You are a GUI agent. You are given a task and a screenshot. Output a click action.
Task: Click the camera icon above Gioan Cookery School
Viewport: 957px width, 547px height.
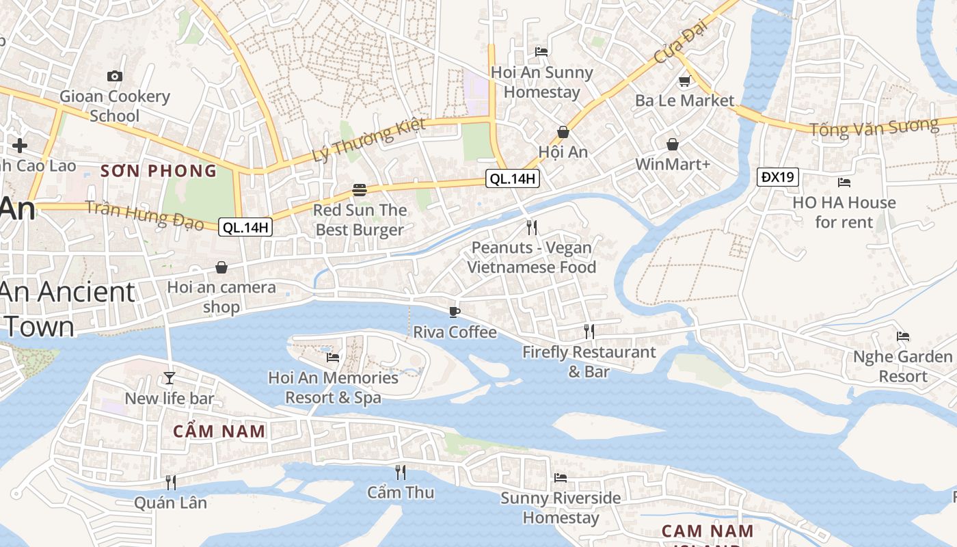tap(115, 76)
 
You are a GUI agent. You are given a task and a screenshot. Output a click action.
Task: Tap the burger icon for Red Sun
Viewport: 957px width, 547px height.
tap(360, 189)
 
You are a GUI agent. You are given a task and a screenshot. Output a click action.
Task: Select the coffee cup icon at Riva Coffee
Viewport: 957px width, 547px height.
tap(455, 312)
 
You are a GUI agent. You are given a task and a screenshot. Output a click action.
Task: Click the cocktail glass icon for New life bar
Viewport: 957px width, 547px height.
tap(170, 377)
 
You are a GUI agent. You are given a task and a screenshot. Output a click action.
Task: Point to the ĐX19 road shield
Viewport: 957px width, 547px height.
tap(778, 177)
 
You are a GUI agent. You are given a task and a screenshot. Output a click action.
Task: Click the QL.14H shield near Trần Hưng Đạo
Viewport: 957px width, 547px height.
tap(245, 227)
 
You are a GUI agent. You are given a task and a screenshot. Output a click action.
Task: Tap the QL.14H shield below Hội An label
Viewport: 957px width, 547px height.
tap(513, 179)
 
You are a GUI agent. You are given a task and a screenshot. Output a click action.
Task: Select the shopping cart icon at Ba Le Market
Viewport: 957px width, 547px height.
tap(684, 81)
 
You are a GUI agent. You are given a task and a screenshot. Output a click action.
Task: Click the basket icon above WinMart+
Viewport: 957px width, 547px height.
tap(673, 144)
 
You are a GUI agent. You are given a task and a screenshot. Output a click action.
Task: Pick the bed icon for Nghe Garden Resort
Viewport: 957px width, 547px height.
tap(903, 336)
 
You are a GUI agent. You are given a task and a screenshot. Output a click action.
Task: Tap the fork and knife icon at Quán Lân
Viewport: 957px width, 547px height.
tap(170, 482)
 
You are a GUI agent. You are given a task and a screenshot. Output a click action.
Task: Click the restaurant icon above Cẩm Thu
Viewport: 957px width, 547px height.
tap(401, 472)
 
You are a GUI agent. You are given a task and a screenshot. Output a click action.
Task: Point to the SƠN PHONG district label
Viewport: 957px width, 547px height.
tap(159, 171)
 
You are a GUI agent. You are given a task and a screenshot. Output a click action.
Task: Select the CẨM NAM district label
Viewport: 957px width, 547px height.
tap(219, 431)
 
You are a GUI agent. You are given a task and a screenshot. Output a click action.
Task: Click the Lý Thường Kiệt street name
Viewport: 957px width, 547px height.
tap(368, 140)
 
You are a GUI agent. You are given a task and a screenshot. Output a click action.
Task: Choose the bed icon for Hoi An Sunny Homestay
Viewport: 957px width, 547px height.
tap(541, 51)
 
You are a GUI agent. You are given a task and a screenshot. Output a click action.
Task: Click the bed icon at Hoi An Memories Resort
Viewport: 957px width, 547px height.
tap(333, 357)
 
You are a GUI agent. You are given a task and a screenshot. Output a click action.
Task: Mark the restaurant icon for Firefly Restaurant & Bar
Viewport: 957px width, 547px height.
tap(589, 332)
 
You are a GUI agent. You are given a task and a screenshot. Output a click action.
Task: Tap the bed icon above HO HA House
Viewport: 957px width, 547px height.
tap(844, 182)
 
